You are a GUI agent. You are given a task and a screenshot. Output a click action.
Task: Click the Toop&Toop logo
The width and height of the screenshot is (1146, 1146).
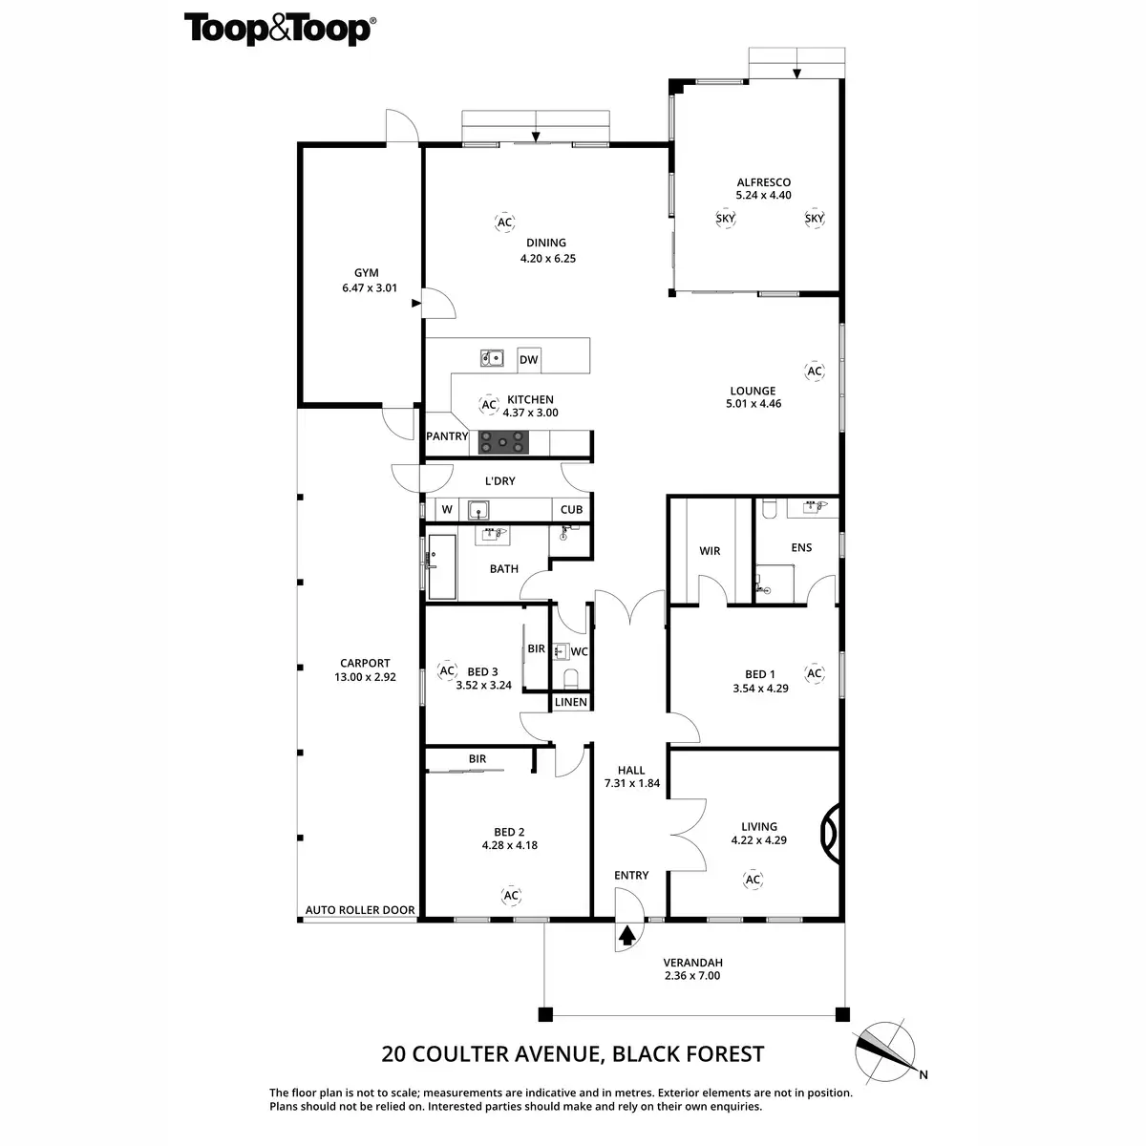[280, 30]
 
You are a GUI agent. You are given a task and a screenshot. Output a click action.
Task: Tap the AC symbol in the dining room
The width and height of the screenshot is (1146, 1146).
[504, 223]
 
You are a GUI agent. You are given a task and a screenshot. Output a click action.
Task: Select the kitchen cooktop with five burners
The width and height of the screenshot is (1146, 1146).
[503, 442]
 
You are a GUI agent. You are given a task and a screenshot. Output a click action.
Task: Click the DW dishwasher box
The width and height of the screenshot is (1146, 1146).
[529, 360]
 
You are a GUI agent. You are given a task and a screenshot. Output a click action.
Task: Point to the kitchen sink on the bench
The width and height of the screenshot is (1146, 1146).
[492, 358]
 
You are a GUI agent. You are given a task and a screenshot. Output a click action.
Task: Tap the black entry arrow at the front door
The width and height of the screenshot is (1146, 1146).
[626, 936]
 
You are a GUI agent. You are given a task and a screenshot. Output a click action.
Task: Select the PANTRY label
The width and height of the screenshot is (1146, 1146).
[447, 435]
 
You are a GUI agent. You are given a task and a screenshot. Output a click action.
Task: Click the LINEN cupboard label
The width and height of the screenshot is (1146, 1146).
[571, 702]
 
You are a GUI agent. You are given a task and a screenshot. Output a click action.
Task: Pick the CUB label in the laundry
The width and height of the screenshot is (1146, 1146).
[571, 510]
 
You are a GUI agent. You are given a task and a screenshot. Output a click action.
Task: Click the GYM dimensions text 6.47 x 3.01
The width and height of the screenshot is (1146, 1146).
[370, 287]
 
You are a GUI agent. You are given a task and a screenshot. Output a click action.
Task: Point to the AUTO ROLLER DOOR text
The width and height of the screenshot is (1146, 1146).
[360, 910]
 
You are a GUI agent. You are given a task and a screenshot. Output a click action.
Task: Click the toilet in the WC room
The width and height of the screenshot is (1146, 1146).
[571, 679]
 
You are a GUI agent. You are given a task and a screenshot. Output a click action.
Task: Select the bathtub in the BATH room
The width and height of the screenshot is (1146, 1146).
[442, 566]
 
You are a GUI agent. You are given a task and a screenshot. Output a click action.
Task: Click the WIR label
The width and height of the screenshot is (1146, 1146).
[710, 551]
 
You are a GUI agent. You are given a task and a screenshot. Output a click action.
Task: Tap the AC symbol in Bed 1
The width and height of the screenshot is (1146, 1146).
[815, 673]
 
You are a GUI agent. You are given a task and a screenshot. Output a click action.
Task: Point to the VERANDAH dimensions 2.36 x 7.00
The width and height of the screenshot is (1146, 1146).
[692, 975]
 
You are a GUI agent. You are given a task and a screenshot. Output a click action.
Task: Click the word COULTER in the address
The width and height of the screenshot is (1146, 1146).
[460, 1053]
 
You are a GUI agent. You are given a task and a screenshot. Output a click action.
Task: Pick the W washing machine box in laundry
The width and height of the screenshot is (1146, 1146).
[447, 509]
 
